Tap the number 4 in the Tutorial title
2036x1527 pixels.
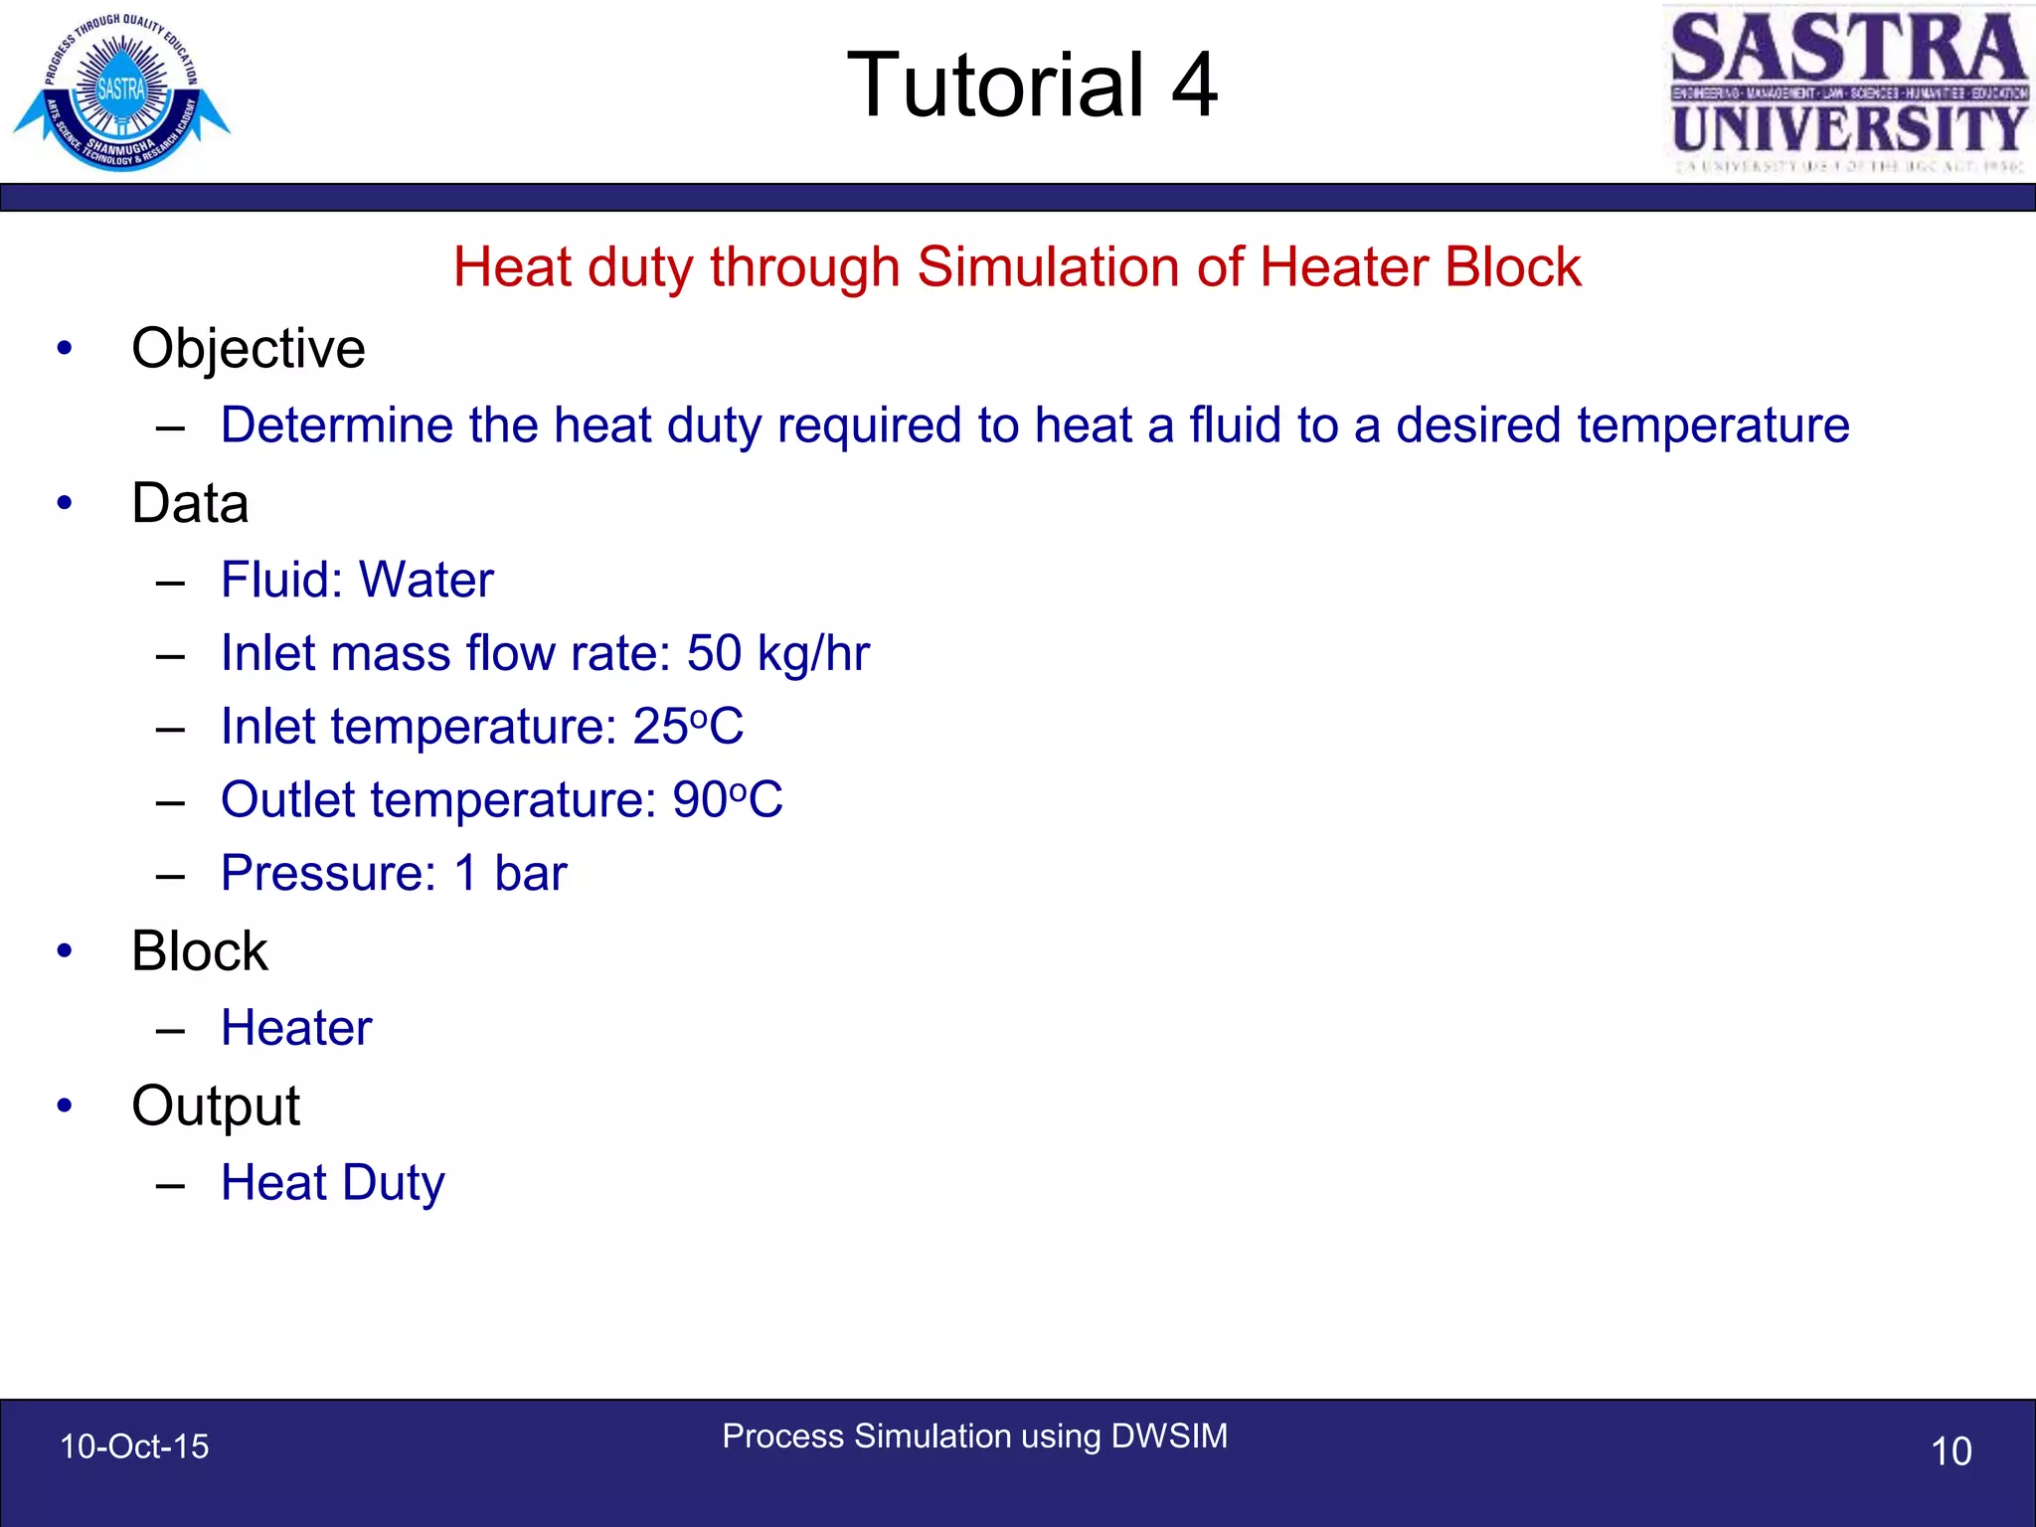tap(1194, 85)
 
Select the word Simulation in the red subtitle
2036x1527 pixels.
tap(1079, 266)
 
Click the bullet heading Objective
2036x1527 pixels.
tap(249, 348)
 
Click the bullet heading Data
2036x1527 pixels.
tap(190, 503)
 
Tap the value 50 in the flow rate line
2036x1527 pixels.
tap(714, 653)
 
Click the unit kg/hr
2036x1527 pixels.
tap(813, 654)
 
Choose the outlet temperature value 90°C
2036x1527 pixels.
tap(728, 799)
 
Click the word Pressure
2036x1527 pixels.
tap(328, 873)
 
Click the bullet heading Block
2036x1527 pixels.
tap(200, 951)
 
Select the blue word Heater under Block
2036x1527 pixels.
tap(296, 1028)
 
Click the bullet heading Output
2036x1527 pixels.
tap(216, 1105)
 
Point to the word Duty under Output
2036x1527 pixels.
tap(394, 1183)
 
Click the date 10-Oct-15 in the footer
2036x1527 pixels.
tap(134, 1446)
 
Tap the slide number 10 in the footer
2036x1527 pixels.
tap(1951, 1451)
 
